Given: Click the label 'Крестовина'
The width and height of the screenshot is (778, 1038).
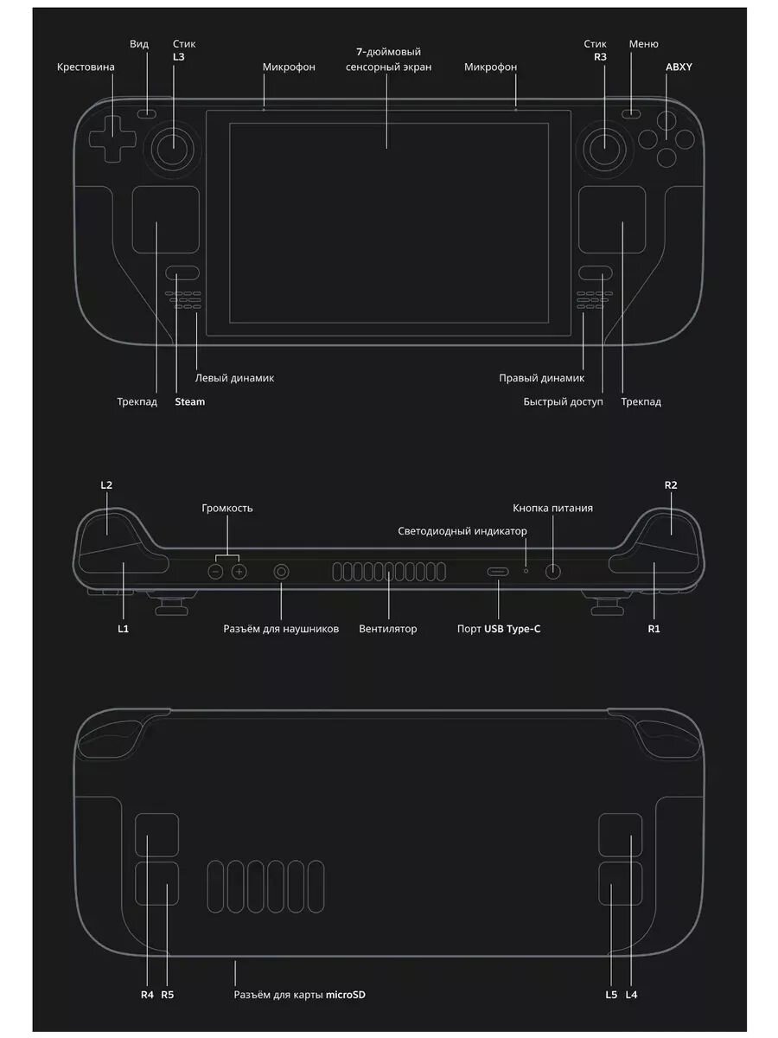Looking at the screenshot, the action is click(x=86, y=67).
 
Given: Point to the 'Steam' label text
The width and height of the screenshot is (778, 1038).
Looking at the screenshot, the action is click(x=189, y=401).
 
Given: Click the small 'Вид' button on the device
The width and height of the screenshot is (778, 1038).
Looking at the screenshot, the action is click(x=148, y=112).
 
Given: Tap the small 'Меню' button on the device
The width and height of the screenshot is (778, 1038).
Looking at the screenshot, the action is click(x=634, y=112).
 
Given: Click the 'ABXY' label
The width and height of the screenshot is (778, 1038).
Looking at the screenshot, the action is click(x=679, y=67).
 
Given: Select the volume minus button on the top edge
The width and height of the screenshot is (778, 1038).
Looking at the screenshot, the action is click(x=217, y=572).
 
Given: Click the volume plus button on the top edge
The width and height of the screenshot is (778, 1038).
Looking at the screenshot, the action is click(x=239, y=572).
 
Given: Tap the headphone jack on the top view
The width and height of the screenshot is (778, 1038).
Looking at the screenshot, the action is click(x=282, y=572).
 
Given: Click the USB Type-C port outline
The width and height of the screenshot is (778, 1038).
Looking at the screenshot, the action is click(x=499, y=572).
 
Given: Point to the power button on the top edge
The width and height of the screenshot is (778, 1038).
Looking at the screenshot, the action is click(x=553, y=571).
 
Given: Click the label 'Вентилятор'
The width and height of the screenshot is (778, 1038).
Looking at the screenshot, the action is click(x=388, y=629).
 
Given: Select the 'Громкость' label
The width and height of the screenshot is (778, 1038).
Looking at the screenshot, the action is click(x=227, y=508).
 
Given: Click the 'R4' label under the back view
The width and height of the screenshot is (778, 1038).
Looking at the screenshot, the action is click(x=147, y=995).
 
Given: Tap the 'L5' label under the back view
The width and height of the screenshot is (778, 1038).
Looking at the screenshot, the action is click(x=611, y=995).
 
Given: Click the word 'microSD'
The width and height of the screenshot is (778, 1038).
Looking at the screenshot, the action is click(x=346, y=995).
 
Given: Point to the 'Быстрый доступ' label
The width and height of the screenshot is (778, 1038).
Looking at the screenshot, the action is click(x=564, y=401).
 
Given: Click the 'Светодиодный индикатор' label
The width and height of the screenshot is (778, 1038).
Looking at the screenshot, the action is click(x=462, y=531).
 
